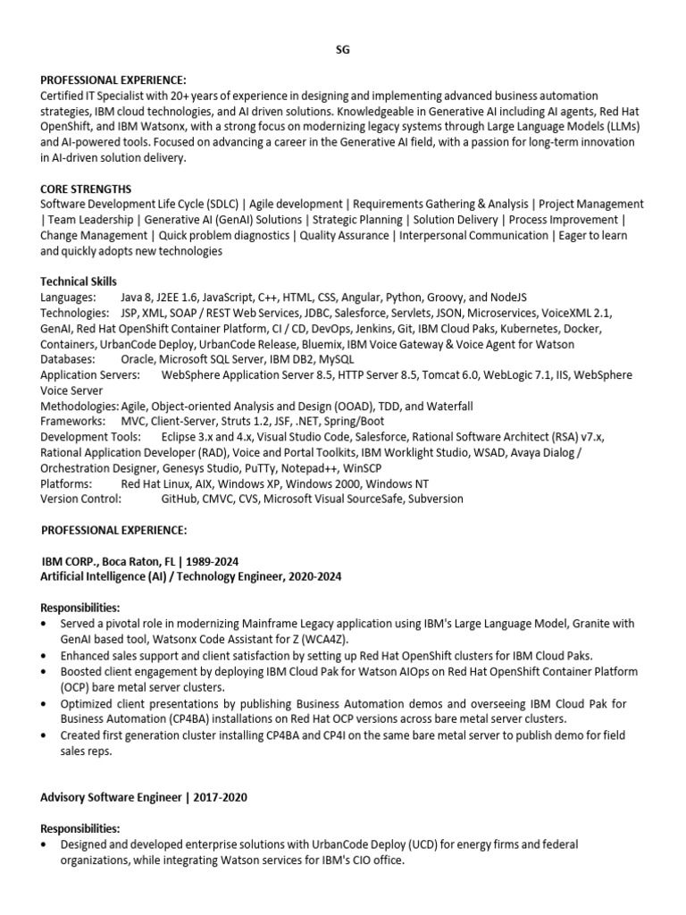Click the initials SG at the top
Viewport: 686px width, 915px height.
pyautogui.click(x=343, y=50)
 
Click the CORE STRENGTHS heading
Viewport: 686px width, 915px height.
pyautogui.click(x=86, y=189)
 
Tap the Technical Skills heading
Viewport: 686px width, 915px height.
pyautogui.click(x=79, y=281)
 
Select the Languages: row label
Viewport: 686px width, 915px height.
pyautogui.click(x=68, y=297)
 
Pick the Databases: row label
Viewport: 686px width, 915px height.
pyautogui.click(x=68, y=358)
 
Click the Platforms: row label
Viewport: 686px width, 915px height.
pyautogui.click(x=67, y=483)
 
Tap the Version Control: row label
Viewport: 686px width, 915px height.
pyautogui.click(x=80, y=499)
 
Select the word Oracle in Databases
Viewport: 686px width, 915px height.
pyautogui.click(x=139, y=358)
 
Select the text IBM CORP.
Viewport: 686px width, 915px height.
pyautogui.click(x=71, y=561)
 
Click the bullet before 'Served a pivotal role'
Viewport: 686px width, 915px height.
pyautogui.click(x=46, y=624)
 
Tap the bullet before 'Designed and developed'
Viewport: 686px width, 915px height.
pyautogui.click(x=46, y=844)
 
